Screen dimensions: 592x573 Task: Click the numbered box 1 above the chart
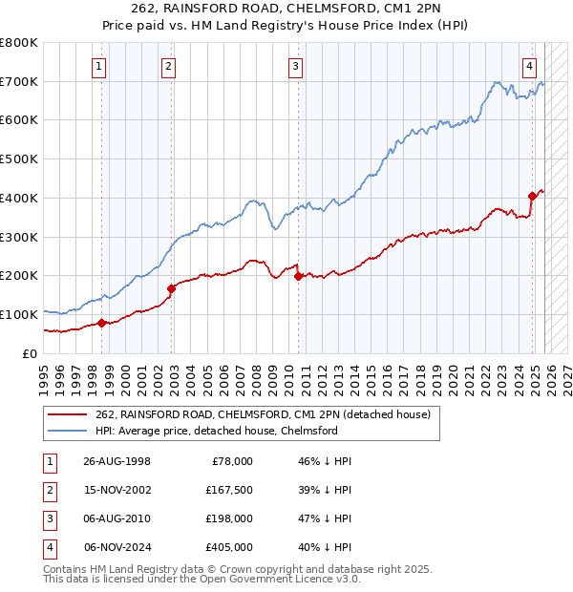point(100,66)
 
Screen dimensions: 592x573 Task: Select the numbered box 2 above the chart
point(168,66)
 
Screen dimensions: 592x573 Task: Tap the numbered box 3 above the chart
point(296,66)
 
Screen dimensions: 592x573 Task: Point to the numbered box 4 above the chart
point(529,66)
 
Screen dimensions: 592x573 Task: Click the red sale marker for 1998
point(101,323)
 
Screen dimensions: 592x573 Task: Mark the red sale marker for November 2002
point(171,287)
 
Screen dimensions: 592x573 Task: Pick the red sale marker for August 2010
point(298,276)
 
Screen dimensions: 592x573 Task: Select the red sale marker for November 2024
point(532,196)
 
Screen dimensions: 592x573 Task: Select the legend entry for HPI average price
point(216,431)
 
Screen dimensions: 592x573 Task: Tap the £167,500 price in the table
point(229,489)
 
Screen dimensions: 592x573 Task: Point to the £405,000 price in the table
point(229,547)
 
